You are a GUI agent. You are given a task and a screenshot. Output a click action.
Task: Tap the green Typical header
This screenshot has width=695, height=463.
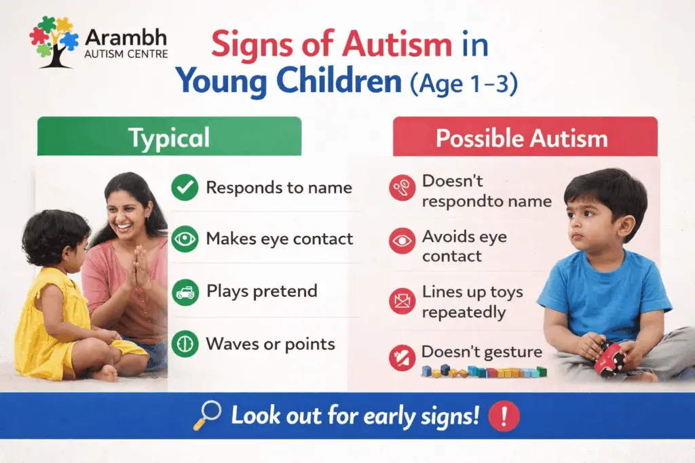[x=169, y=138]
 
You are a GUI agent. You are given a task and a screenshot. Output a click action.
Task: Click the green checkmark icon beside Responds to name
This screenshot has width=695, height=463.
[x=185, y=188]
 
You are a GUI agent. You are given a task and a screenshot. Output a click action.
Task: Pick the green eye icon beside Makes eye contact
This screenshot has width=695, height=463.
[x=185, y=239]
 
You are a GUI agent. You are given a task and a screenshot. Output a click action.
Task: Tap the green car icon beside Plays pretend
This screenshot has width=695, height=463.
[x=185, y=292]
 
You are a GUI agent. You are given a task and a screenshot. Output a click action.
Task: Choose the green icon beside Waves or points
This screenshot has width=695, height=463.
[x=185, y=344]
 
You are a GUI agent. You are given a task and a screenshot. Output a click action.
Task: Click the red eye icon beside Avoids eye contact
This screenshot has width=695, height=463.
[x=402, y=241]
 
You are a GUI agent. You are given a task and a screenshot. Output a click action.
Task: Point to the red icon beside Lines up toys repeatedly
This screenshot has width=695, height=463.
[x=402, y=301]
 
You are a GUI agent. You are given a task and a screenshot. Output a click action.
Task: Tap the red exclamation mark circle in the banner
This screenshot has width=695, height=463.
[x=503, y=415]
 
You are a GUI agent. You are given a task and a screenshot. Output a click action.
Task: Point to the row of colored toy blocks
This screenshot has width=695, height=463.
[x=483, y=371]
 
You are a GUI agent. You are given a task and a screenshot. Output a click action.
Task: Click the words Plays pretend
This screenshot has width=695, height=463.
[x=261, y=291]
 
